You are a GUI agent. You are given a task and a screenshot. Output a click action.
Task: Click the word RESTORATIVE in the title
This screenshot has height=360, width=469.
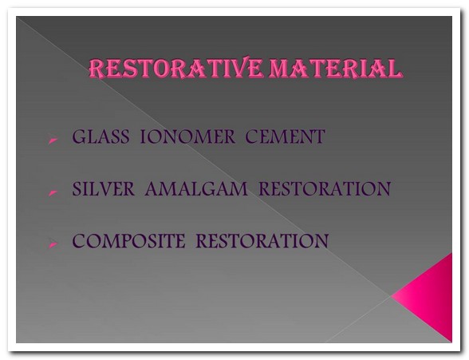click(x=175, y=69)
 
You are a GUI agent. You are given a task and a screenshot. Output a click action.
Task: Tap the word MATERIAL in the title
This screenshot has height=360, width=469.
click(x=334, y=69)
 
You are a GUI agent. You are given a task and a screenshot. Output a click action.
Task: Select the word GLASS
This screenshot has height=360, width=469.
click(x=100, y=136)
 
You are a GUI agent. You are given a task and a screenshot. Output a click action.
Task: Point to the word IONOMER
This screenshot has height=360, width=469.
click(x=187, y=136)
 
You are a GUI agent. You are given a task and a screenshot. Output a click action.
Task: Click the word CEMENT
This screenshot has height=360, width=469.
click(x=285, y=136)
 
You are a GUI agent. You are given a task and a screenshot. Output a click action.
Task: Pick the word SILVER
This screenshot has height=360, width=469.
click(x=104, y=188)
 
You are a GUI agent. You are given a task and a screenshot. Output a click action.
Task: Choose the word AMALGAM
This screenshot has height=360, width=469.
click(x=196, y=188)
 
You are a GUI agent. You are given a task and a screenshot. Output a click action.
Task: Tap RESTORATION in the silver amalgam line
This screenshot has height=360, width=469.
click(x=325, y=188)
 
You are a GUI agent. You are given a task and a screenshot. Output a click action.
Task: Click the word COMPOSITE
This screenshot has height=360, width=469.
click(x=129, y=241)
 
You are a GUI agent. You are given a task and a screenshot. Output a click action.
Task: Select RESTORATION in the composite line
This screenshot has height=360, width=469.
click(x=262, y=241)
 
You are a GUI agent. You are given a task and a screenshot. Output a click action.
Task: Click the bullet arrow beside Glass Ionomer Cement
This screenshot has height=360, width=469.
click(x=53, y=140)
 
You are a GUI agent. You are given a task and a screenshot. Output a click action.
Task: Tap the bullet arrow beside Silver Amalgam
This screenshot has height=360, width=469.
click(x=53, y=192)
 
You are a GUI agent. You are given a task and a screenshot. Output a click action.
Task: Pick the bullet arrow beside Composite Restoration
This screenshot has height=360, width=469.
click(x=53, y=244)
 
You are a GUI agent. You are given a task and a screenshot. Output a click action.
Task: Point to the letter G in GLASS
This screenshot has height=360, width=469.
click(x=79, y=136)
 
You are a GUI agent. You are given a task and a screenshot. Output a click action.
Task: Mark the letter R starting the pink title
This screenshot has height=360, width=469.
click(x=96, y=69)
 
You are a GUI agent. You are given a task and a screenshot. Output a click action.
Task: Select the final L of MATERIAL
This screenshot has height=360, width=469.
click(x=394, y=69)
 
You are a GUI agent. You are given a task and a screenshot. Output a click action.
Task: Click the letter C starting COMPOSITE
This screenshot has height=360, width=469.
click(x=79, y=241)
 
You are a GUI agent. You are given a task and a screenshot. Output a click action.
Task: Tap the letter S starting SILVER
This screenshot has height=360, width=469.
click(x=77, y=188)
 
